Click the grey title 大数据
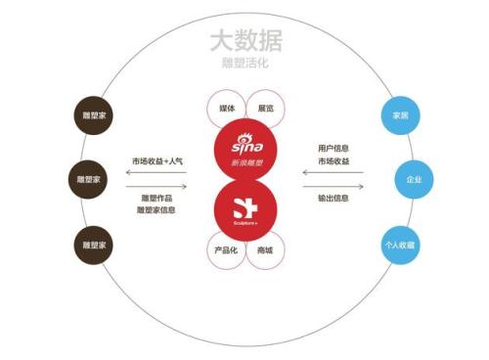244,41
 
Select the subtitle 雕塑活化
244,63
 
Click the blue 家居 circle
400,114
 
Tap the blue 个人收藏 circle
400,245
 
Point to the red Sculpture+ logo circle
245,206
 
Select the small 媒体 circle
226,108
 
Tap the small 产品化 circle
226,251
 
